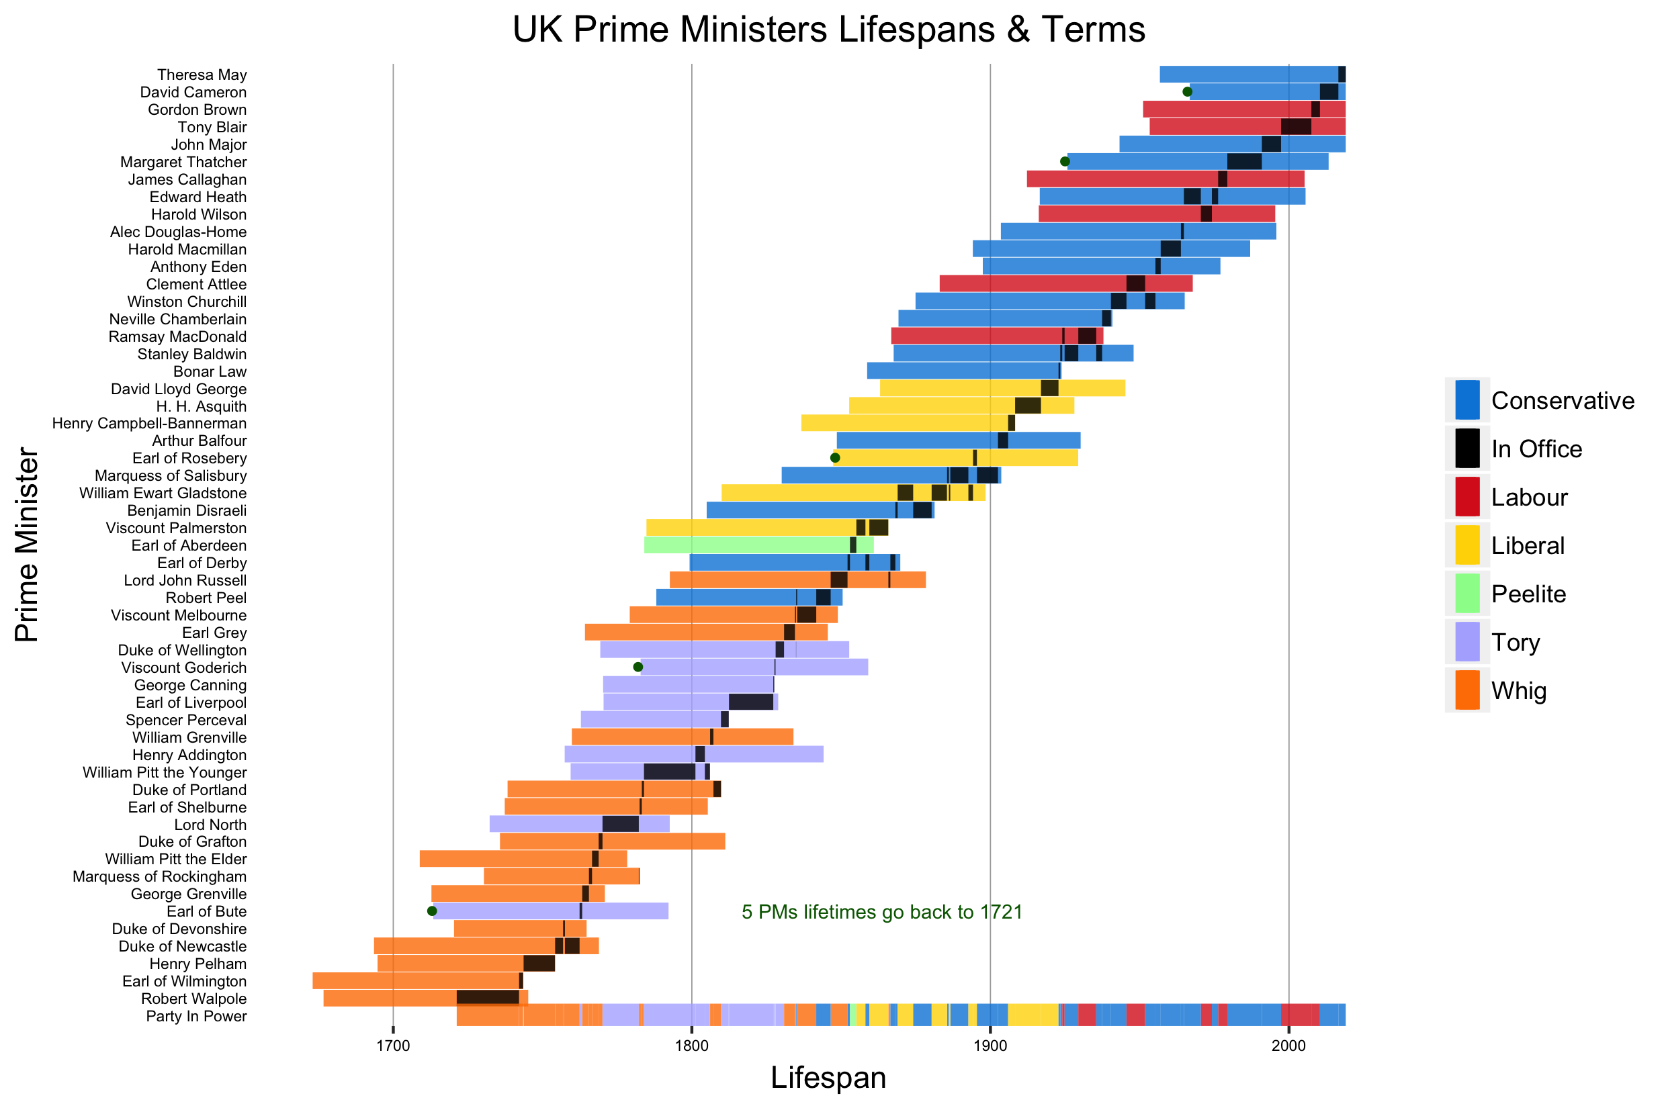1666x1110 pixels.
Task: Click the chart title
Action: pos(828,30)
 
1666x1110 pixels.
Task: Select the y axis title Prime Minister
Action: pos(27,545)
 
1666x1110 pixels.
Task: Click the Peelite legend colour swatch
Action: pos(1467,593)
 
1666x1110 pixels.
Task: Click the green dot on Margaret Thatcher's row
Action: pos(1065,161)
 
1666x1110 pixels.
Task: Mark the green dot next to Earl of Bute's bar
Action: pos(432,911)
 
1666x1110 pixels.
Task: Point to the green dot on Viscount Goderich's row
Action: pos(638,667)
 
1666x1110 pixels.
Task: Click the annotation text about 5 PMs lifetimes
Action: pos(881,912)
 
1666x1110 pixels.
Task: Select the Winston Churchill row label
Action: pos(186,302)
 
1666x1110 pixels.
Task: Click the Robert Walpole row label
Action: pos(193,999)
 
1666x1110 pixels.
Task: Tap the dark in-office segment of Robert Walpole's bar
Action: pos(487,998)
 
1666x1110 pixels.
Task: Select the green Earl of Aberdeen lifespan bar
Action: pos(746,545)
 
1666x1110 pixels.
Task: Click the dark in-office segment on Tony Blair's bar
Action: pos(1296,127)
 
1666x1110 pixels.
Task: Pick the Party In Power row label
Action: pos(196,1017)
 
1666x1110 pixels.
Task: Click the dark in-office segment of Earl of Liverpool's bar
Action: pos(750,702)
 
